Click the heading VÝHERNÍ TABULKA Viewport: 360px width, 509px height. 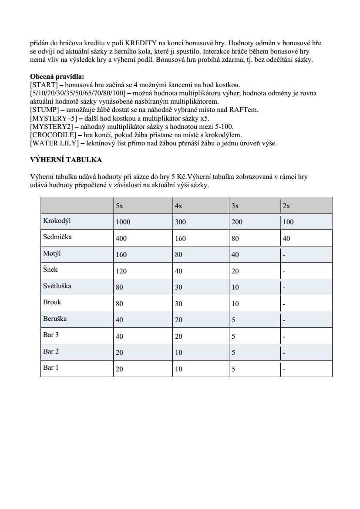pos(66,160)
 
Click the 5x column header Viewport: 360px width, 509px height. pos(119,206)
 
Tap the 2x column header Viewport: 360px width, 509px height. pos(286,206)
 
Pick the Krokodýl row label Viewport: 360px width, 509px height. pos(57,221)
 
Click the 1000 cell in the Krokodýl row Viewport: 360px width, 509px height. pos(123,222)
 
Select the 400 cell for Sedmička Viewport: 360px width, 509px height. pos(121,239)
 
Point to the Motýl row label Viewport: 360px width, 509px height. pos(52,253)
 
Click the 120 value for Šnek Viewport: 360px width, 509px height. pos(121,271)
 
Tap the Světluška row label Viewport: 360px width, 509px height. pos(57,287)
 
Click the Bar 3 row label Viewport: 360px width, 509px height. pos(51,335)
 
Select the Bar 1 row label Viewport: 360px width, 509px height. pos(51,367)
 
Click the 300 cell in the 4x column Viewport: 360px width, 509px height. pos(180,222)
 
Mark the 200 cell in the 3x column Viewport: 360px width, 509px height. pos(237,222)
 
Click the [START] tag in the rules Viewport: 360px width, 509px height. pos(44,84)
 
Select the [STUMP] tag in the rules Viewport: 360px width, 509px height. pos(44,110)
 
